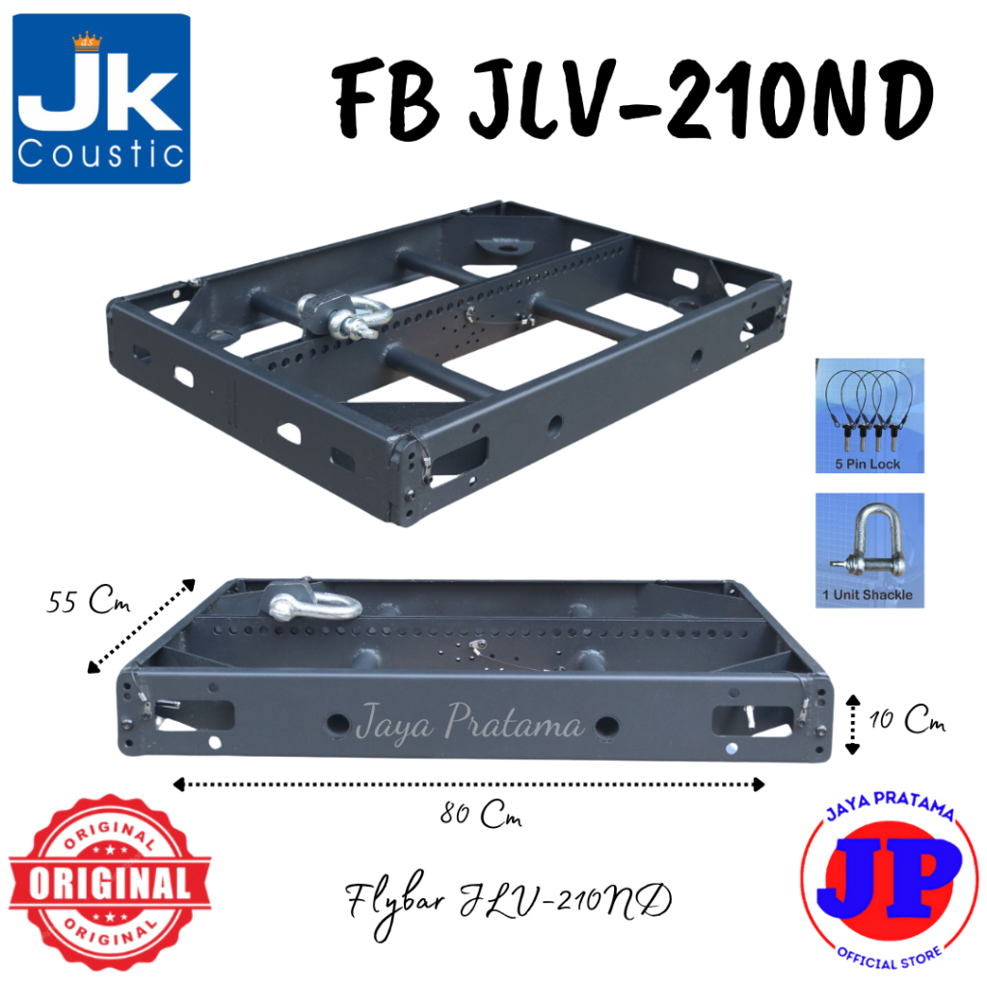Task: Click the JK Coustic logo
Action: click(100, 98)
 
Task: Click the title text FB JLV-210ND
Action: click(634, 99)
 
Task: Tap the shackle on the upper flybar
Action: click(346, 315)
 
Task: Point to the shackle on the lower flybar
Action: click(314, 602)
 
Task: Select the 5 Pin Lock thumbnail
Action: click(869, 416)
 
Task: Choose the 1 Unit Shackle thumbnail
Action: click(869, 550)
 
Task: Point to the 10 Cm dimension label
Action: click(906, 720)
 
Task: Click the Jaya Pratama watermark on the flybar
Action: click(469, 724)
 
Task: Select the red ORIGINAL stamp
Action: click(108, 880)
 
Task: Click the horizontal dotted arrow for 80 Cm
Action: click(468, 785)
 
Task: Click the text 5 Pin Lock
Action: click(869, 464)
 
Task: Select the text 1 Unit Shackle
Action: click(868, 596)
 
